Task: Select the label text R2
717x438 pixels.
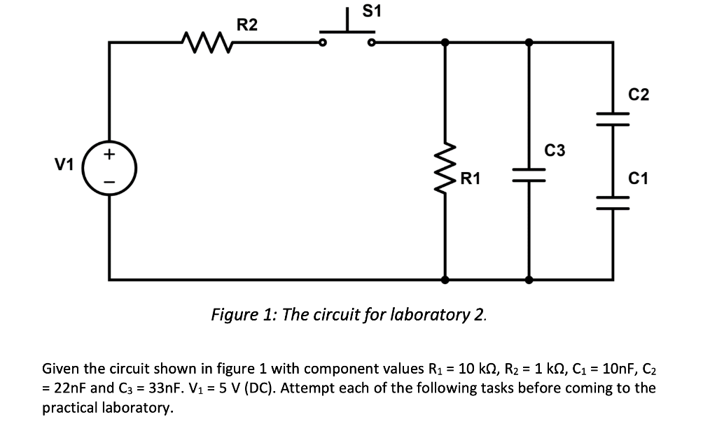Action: point(246,25)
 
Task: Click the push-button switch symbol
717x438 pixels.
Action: point(347,35)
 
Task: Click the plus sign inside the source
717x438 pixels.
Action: point(110,152)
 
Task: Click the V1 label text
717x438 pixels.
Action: point(64,164)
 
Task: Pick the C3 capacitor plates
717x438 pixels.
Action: point(529,173)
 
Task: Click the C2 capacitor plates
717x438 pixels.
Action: point(613,118)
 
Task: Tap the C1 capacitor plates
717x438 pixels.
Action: point(613,202)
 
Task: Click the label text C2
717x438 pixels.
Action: point(639,95)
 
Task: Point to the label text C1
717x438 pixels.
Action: point(639,179)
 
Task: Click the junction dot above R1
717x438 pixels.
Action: point(446,42)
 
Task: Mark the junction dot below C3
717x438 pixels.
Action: point(529,279)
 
